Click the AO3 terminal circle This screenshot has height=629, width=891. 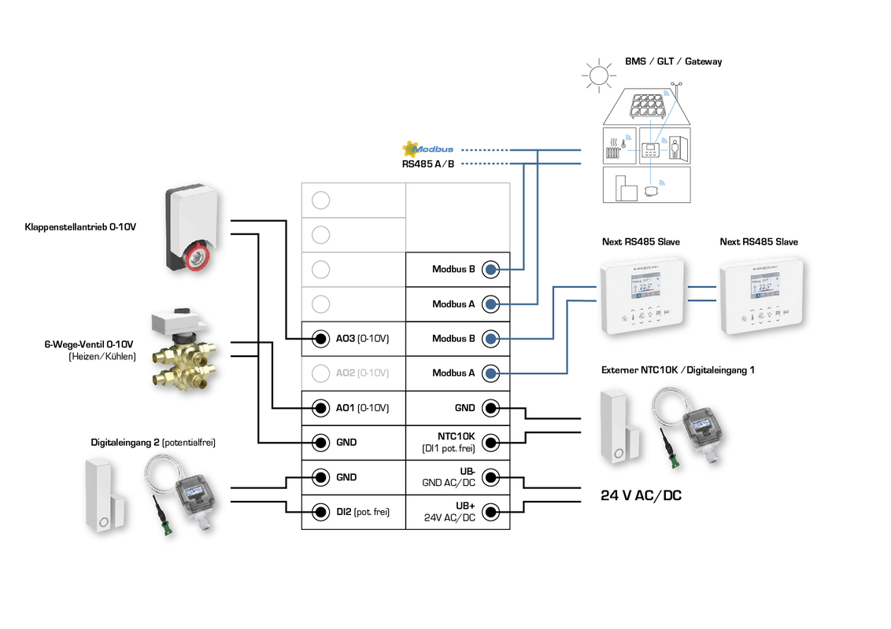click(x=320, y=339)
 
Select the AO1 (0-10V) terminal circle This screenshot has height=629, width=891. click(x=320, y=408)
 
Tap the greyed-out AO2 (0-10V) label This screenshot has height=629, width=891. click(x=362, y=373)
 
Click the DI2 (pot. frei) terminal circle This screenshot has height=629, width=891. click(x=320, y=512)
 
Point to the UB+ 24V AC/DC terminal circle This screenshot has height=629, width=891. click(x=490, y=512)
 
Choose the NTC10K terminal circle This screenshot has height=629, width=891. click(x=490, y=443)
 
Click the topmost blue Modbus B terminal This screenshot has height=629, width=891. click(x=490, y=270)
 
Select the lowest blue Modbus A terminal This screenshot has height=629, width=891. click(x=490, y=373)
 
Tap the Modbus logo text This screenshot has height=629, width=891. click(x=433, y=149)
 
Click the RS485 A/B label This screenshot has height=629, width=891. click(x=427, y=164)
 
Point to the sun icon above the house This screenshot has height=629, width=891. click(x=598, y=75)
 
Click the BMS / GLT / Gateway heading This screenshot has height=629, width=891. click(x=673, y=61)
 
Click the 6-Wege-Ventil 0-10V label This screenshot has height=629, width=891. click(x=89, y=344)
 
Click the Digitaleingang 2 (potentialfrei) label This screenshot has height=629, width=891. click(x=153, y=443)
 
